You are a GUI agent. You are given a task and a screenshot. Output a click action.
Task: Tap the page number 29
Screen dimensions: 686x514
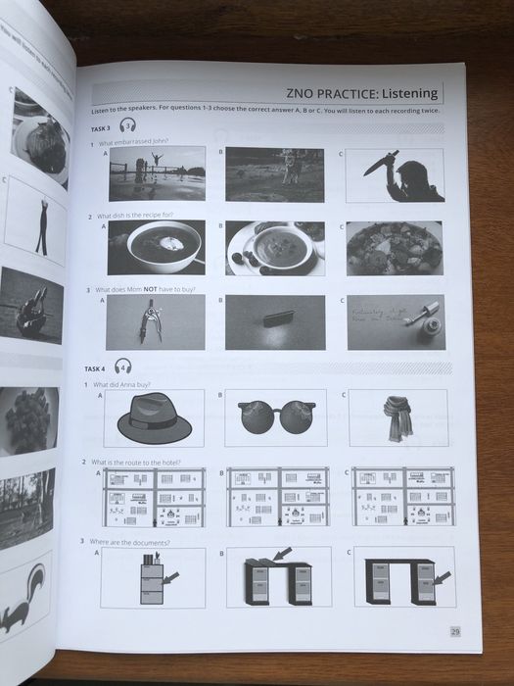point(455,631)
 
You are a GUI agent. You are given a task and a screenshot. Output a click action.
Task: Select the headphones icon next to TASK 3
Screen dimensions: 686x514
point(127,125)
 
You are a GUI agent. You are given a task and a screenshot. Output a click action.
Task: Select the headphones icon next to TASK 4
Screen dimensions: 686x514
point(123,366)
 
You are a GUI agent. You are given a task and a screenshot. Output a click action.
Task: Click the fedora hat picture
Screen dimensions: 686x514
point(154,418)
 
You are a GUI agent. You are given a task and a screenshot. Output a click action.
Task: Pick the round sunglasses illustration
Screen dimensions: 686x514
point(275,419)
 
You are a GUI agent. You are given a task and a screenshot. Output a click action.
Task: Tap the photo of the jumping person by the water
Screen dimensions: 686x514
point(156,173)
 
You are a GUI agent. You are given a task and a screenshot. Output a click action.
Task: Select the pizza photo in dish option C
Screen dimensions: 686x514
point(395,248)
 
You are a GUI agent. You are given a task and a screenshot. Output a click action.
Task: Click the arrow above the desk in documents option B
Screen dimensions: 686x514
point(281,555)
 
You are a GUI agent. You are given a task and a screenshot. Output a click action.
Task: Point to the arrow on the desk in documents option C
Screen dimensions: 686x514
point(441,578)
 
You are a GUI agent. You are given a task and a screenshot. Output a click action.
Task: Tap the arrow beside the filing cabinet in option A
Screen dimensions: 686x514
point(171,579)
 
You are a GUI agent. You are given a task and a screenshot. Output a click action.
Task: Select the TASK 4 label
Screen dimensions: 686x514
point(95,368)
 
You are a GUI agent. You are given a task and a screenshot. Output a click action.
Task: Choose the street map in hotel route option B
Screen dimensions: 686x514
point(277,497)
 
